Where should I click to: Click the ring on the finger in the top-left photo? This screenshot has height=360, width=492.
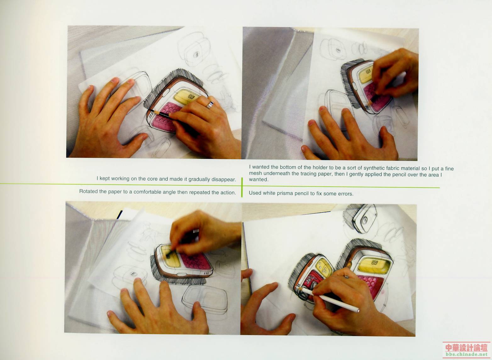210,105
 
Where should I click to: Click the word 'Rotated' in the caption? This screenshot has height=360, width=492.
88,191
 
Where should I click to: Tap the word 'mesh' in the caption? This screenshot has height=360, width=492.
256,173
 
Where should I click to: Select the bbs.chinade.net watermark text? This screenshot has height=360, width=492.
467,354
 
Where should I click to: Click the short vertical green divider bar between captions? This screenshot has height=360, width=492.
242,187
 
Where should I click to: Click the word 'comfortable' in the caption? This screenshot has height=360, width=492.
147,192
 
